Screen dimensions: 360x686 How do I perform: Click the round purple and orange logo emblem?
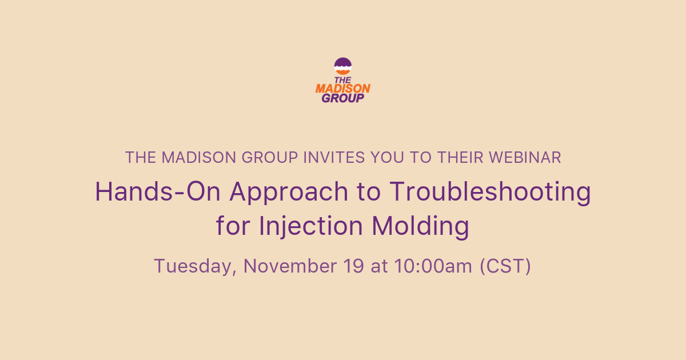click(343, 66)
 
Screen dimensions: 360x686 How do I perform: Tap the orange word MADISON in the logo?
click(343, 89)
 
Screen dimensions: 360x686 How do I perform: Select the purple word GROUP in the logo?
click(343, 98)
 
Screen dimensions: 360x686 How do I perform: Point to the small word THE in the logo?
click(343, 80)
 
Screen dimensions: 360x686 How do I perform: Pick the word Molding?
click(421, 226)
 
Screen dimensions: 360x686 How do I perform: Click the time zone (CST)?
click(505, 266)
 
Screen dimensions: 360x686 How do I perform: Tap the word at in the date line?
click(378, 266)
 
